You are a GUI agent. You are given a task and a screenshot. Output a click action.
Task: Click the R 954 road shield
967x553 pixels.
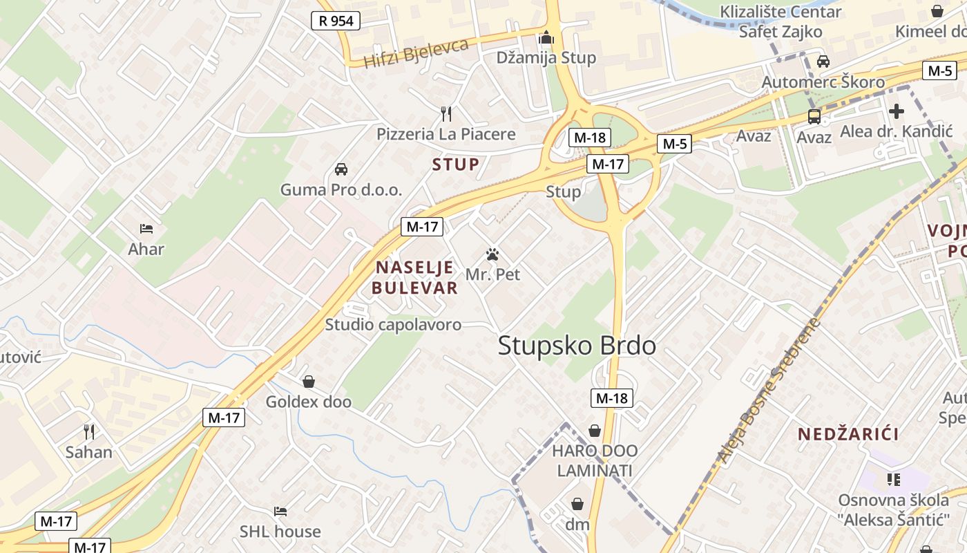(336, 21)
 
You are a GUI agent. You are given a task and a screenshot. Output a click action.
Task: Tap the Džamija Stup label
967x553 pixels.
(546, 57)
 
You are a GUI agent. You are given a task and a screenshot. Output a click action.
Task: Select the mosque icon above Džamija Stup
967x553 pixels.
(546, 37)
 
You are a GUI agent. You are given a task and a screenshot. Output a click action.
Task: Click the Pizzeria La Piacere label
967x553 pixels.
(446, 133)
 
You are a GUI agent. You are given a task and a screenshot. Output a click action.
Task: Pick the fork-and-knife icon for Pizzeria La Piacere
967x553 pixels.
(446, 113)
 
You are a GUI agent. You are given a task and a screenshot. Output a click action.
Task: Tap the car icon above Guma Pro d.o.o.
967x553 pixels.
(341, 169)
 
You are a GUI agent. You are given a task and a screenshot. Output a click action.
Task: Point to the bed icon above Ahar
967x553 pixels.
(146, 228)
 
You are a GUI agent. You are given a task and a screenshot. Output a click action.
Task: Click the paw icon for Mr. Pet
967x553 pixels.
(492, 254)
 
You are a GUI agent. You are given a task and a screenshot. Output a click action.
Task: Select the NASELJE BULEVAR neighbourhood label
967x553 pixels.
(414, 277)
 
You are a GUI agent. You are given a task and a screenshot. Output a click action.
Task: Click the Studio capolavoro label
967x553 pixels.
(393, 324)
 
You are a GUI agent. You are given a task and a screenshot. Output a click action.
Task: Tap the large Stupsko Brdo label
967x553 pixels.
(577, 345)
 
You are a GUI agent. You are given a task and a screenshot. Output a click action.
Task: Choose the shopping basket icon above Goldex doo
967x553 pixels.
(309, 382)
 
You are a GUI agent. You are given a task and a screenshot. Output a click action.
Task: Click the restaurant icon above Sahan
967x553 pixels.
(88, 432)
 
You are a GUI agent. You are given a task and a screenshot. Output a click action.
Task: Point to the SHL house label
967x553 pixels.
(280, 532)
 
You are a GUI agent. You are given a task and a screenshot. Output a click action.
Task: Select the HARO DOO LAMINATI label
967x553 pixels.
(595, 460)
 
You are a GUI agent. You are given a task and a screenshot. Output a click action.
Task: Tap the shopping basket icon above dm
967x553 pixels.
(577, 504)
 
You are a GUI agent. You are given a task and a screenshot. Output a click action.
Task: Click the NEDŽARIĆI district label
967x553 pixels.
(848, 434)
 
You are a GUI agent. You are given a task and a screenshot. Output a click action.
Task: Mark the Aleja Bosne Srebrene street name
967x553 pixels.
(769, 391)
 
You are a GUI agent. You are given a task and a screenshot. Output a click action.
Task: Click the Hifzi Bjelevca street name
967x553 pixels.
(416, 53)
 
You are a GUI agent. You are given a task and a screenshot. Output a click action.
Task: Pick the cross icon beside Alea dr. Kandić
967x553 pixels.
(897, 111)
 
